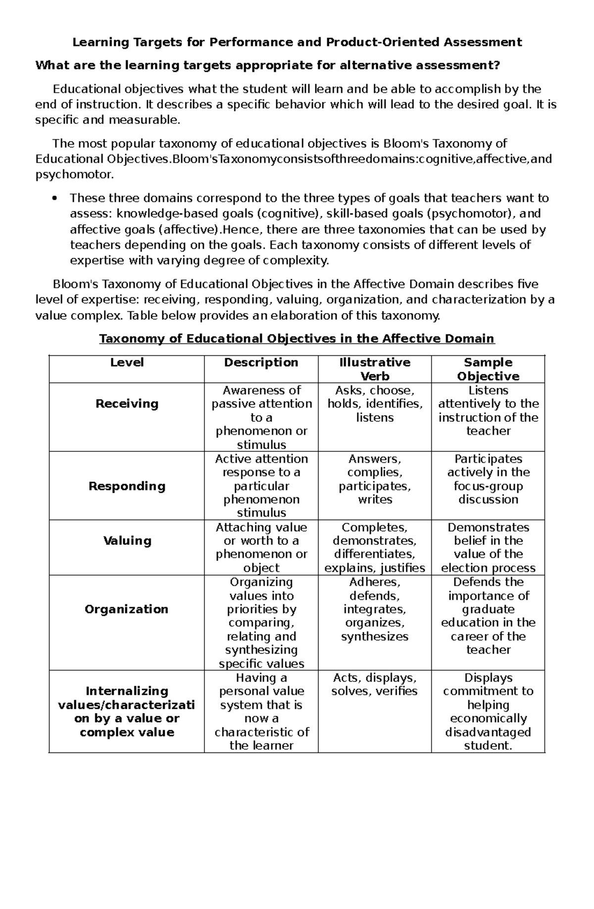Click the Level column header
tap(127, 362)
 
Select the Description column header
tap(261, 362)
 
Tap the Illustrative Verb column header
tap(375, 369)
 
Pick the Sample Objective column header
tap(488, 369)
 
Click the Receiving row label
tap(127, 404)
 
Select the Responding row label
tap(127, 486)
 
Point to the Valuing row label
tap(127, 540)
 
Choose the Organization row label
tap(126, 609)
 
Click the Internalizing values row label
tap(127, 711)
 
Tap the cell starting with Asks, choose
tap(375, 404)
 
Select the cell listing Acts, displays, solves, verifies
tap(375, 684)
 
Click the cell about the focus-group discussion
tap(488, 479)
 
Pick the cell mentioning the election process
tap(488, 547)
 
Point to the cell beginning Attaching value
tap(261, 547)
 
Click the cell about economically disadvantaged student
tap(488, 711)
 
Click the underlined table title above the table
tap(297, 338)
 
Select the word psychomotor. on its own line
tap(74, 175)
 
